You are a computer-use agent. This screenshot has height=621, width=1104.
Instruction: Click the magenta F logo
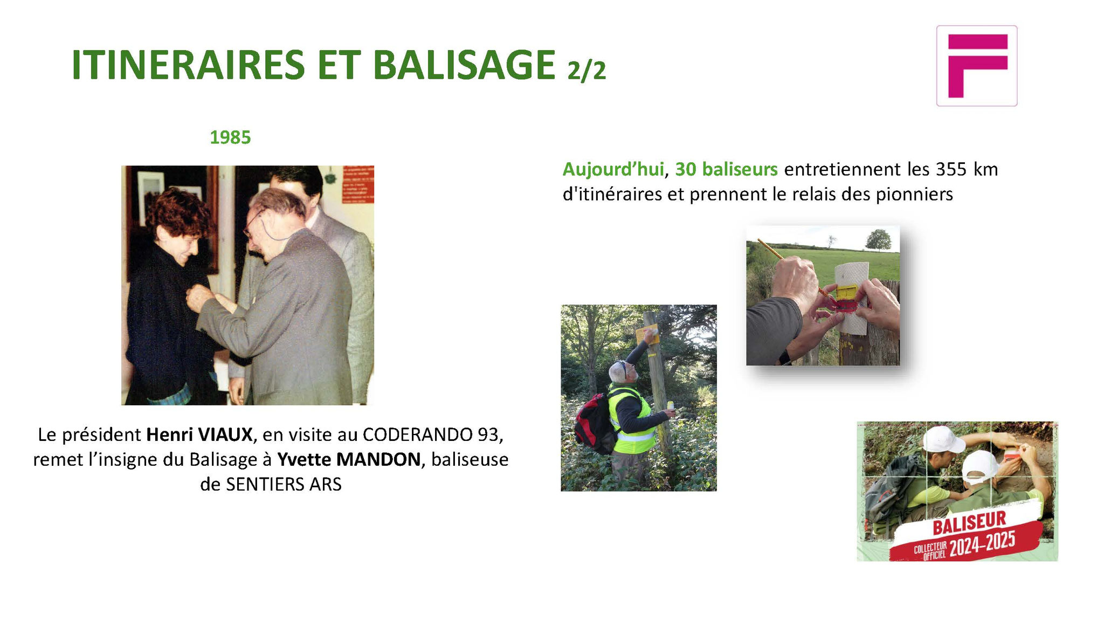976,65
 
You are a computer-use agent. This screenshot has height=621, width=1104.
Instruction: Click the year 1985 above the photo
230,137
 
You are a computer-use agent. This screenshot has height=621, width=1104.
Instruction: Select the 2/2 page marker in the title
586,71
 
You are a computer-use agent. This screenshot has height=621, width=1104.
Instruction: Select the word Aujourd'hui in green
613,169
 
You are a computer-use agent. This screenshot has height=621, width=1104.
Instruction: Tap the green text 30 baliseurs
726,169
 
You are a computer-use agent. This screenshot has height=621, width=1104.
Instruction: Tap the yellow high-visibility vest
632,418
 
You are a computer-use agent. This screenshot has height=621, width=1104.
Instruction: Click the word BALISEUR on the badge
969,522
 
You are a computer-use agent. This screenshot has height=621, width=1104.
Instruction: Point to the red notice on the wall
358,184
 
